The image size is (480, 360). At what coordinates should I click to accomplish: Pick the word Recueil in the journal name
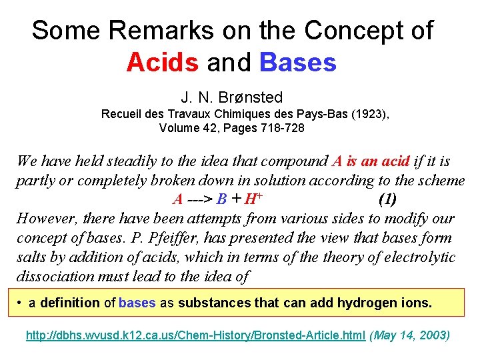point(121,114)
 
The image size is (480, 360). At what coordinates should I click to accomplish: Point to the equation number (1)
point(388,199)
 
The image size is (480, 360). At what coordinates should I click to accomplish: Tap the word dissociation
point(53,275)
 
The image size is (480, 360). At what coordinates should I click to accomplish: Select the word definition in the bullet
point(71,303)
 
